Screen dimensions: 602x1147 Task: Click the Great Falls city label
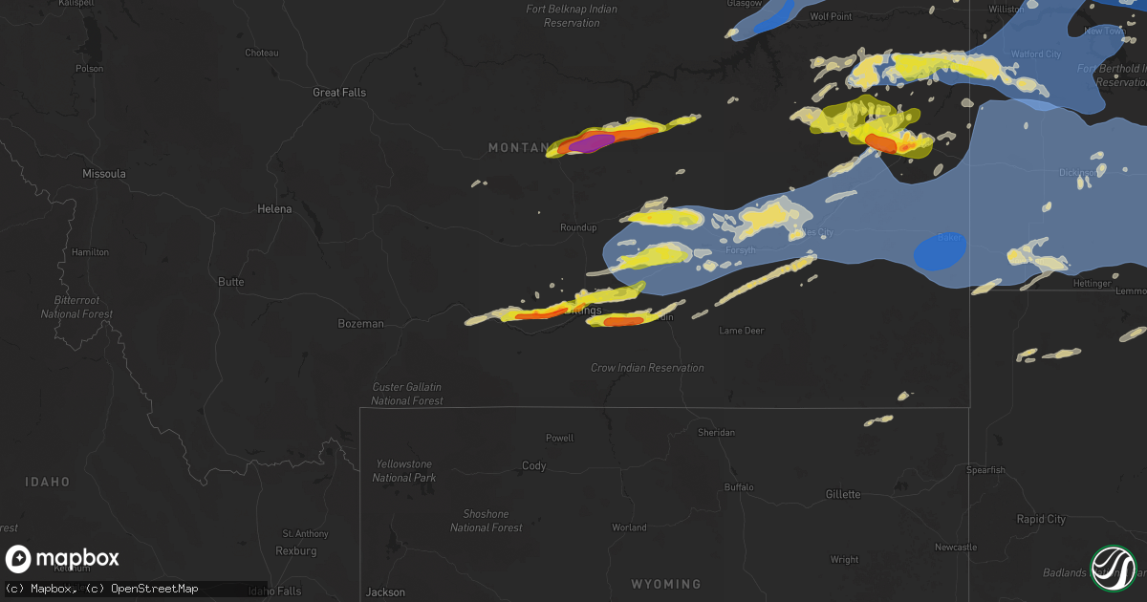click(339, 93)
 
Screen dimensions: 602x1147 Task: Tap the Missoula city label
click(104, 174)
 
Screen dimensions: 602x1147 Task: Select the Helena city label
click(274, 208)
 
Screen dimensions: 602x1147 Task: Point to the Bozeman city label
click(360, 324)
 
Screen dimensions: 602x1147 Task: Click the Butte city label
click(230, 282)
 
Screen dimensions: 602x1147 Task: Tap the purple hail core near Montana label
click(593, 143)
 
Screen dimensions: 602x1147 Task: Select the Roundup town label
click(578, 227)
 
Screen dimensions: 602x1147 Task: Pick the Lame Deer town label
click(741, 331)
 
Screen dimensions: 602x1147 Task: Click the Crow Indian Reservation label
click(647, 368)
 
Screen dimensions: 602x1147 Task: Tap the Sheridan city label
click(716, 433)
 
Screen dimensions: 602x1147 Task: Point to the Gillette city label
click(843, 494)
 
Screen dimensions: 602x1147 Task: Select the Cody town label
click(533, 466)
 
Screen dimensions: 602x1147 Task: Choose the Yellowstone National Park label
click(404, 470)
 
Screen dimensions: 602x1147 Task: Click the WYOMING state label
click(665, 584)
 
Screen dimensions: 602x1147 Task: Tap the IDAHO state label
click(47, 482)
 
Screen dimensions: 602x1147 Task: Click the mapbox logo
click(63, 559)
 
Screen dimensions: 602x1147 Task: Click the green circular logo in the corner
click(1113, 568)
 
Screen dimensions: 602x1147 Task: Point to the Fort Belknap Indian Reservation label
click(572, 15)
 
